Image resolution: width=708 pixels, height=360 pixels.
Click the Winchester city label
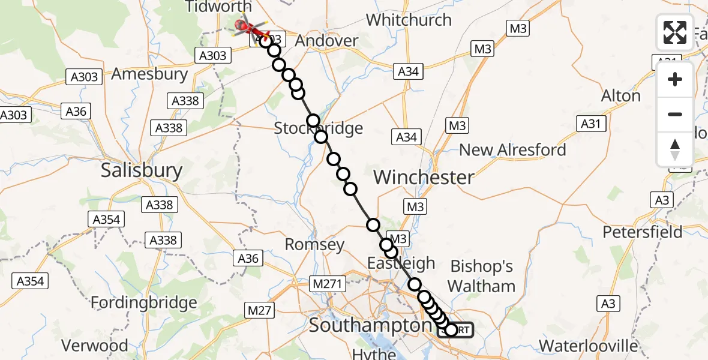point(424,177)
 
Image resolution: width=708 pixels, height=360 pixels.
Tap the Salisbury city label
point(142,170)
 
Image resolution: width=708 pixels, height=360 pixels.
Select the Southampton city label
point(370,326)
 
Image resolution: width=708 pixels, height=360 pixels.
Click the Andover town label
point(327,41)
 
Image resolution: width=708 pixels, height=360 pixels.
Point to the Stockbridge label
point(319,128)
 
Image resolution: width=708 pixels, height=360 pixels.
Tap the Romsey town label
point(314,244)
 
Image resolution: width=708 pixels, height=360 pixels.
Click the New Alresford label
point(512,150)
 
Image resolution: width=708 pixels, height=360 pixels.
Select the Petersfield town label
point(643,232)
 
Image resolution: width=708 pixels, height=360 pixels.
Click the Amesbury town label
point(150,75)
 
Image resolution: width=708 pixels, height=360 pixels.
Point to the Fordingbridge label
point(143,302)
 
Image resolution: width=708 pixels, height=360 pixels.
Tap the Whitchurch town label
point(409,20)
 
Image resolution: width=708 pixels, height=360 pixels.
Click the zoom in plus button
point(675,79)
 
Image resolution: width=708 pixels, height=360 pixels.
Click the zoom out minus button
point(675,114)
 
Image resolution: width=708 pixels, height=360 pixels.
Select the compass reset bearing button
point(675,148)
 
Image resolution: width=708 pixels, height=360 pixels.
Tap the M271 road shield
point(325,283)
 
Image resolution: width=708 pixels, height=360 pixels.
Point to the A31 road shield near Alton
point(591,124)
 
